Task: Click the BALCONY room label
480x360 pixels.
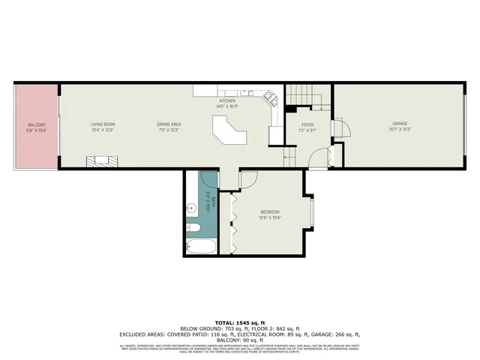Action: (x=36, y=124)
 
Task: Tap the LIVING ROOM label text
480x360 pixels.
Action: (x=102, y=124)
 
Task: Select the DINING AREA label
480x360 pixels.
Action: (x=169, y=124)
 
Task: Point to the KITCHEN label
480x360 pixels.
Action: (x=227, y=100)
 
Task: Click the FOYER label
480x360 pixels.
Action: (x=307, y=124)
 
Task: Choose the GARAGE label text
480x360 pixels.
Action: (x=400, y=124)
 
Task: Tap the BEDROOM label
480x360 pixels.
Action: (x=270, y=212)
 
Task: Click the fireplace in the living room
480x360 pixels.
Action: (x=101, y=159)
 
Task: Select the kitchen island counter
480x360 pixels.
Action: (x=229, y=135)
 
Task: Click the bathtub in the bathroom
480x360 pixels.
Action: (x=201, y=246)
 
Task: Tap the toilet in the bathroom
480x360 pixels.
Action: (x=191, y=227)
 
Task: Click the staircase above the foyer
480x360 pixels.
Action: (x=304, y=96)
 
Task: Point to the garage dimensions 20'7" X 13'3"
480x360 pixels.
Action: (x=400, y=130)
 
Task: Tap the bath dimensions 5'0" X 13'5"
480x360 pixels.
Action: (x=208, y=201)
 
